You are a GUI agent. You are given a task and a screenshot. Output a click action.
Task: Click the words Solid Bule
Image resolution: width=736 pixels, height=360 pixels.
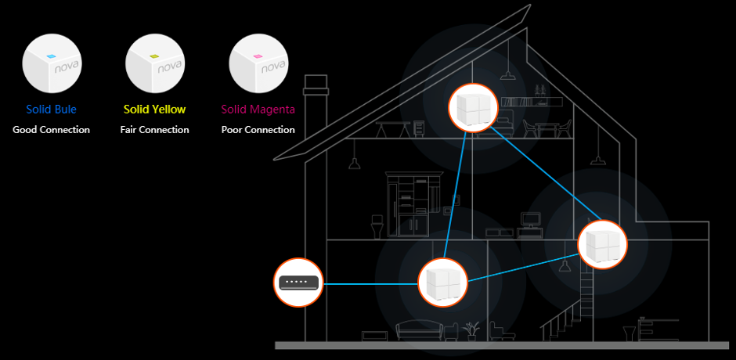coord(51,110)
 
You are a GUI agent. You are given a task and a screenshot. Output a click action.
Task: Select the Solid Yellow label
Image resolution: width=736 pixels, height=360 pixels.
coord(154,110)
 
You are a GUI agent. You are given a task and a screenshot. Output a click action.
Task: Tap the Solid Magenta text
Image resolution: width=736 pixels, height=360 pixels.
coord(258,110)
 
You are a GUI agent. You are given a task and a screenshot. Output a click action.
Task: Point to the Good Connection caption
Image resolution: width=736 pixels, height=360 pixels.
coord(51,130)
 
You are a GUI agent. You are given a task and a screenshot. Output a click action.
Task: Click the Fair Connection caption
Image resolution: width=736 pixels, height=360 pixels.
coord(154,130)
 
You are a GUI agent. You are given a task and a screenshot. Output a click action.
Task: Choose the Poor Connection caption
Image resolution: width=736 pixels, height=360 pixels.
coord(258,130)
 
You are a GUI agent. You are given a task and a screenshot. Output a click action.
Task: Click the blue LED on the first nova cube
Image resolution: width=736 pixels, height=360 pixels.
coord(49,57)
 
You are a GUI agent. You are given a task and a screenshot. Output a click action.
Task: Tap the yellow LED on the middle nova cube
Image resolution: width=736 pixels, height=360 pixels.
coord(153,57)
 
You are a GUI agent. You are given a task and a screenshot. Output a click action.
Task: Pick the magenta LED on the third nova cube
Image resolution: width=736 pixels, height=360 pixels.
coord(256,57)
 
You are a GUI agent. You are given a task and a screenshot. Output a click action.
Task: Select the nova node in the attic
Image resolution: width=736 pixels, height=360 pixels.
coord(472,109)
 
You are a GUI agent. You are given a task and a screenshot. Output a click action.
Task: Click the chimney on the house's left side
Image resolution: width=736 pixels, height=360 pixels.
coord(315,117)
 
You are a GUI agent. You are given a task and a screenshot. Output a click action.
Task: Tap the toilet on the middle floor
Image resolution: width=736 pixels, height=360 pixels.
coord(377,228)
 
